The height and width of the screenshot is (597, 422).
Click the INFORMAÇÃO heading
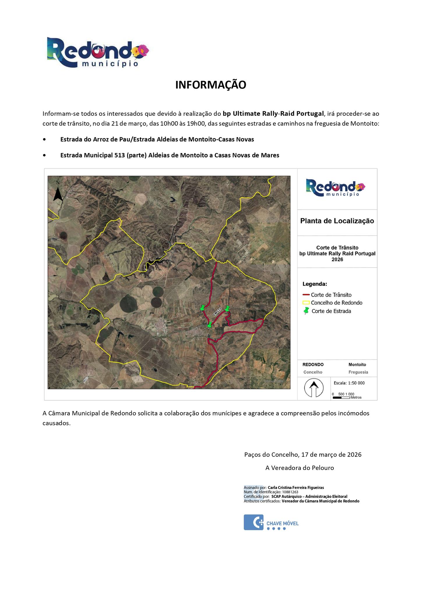click(211, 85)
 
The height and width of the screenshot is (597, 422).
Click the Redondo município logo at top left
click(98, 52)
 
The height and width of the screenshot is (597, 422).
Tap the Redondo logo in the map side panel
click(336, 188)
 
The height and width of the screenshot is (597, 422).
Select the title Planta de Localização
click(337, 221)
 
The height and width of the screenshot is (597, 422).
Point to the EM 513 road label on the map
click(217, 312)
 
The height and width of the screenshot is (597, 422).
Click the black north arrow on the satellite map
click(58, 192)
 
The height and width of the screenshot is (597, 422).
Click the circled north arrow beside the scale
click(314, 388)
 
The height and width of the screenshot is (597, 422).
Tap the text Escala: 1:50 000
click(348, 383)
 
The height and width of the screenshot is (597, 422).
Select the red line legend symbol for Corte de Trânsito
click(306, 295)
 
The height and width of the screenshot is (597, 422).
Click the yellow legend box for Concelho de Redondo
click(306, 303)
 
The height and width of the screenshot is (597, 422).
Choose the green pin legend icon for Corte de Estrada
click(306, 311)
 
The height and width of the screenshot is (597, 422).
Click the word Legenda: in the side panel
click(315, 284)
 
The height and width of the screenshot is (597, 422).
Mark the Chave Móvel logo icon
click(253, 522)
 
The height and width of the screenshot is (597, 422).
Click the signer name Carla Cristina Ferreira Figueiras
click(296, 487)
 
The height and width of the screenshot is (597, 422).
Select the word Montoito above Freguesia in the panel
click(357, 365)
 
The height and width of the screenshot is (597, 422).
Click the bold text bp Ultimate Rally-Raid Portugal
click(273, 113)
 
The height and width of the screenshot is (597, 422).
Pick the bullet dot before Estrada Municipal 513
click(44, 155)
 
